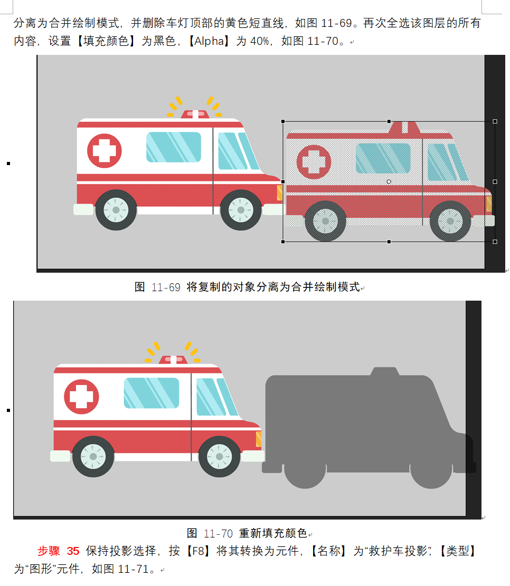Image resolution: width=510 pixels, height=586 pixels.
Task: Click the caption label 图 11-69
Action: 157,287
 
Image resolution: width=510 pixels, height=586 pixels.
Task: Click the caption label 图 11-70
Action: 210,533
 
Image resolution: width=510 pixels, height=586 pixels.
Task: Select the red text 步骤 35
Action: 59,551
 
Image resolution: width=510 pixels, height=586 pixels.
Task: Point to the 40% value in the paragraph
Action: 259,41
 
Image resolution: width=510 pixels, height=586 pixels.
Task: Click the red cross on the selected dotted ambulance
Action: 314,162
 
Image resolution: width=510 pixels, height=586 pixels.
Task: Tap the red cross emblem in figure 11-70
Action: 81,397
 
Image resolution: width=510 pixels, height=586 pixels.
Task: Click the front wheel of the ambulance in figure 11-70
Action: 219,456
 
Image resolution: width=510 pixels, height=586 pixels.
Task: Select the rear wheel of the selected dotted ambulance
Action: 325,221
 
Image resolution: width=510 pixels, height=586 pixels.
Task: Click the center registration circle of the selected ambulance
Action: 389,181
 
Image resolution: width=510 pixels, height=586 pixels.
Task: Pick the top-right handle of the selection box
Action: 495,121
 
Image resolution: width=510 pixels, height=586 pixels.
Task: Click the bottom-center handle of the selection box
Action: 389,242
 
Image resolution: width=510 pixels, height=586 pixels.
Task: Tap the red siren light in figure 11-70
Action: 173,360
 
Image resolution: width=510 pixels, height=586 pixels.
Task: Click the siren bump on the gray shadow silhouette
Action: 385,371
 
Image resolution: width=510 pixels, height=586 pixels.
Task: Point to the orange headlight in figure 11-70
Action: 258,439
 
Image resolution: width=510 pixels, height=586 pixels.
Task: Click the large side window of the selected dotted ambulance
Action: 383,158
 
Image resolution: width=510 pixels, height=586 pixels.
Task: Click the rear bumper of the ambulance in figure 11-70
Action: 60,456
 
